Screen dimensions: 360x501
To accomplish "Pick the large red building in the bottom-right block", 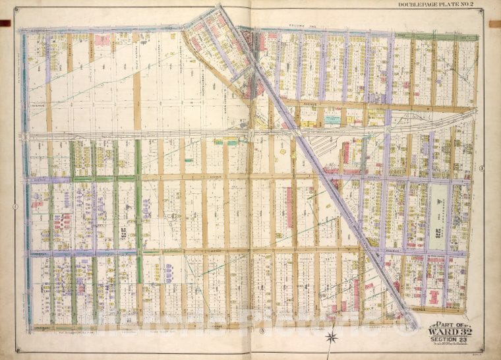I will [434, 296].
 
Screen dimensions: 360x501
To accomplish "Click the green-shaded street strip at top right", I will [455, 36].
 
